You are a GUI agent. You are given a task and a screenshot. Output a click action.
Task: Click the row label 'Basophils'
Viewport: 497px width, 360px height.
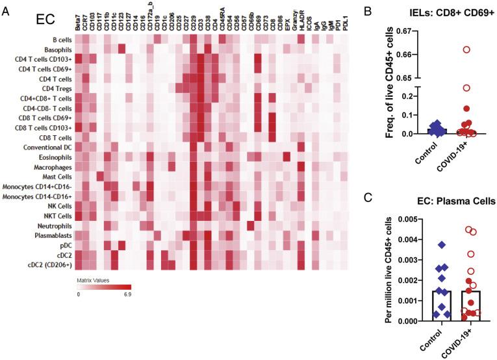pos(55,49)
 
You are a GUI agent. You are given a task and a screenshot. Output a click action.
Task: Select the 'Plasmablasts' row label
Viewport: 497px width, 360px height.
pos(51,235)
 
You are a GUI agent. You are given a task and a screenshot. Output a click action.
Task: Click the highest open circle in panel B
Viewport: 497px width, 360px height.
pos(465,50)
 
